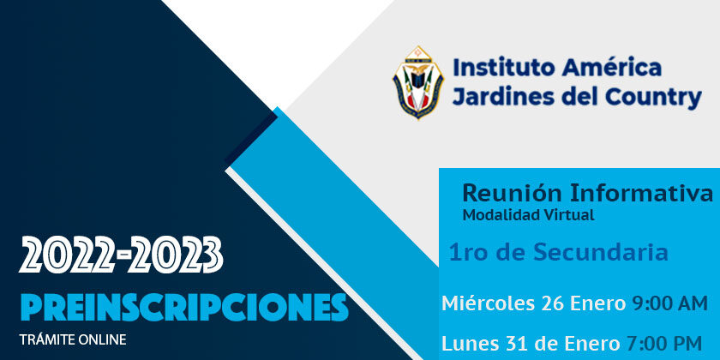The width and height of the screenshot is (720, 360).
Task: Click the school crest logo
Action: coord(418,82)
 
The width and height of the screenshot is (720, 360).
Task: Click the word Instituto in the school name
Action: coord(504,68)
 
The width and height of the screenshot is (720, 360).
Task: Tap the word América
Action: coord(612,68)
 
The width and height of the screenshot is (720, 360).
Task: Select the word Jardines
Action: coord(502,98)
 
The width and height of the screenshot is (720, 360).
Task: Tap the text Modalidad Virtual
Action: coord(529,215)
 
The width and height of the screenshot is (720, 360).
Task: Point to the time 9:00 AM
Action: coord(670,303)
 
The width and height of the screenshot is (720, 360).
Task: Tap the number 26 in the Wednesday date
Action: coord(552,304)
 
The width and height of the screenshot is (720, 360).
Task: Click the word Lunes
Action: coord(468,344)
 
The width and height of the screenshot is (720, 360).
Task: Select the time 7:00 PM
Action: coord(664,344)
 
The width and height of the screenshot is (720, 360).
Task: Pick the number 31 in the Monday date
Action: coord(511,344)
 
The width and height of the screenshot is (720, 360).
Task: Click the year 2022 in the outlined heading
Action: coord(66,255)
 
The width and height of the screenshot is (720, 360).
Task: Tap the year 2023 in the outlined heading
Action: coord(175,255)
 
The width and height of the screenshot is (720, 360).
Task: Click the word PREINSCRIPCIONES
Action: coord(184,307)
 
